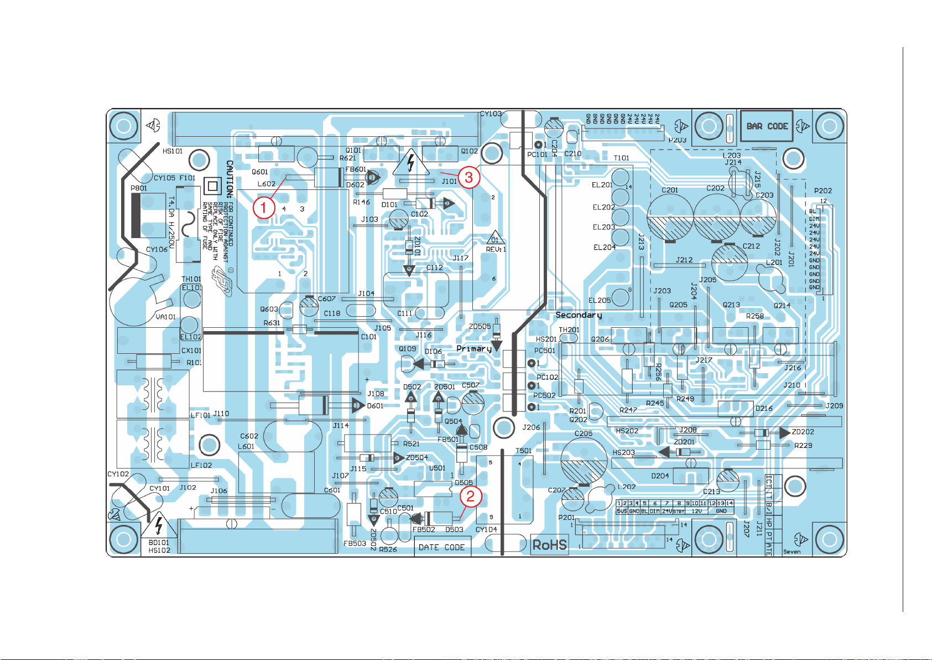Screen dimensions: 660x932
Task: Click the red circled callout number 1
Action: (x=264, y=208)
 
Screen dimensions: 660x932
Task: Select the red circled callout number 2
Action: (x=470, y=496)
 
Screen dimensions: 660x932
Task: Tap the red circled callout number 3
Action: (x=469, y=177)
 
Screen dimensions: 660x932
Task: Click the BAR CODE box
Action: (x=767, y=126)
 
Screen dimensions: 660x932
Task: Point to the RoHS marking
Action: (x=549, y=545)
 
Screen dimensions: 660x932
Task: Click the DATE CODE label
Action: (x=441, y=547)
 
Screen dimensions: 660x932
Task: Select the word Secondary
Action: (x=579, y=315)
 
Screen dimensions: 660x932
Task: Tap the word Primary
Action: (x=474, y=348)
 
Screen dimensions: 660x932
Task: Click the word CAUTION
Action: (x=230, y=179)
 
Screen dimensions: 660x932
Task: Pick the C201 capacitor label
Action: (x=670, y=190)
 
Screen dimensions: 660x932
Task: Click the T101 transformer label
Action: (x=622, y=158)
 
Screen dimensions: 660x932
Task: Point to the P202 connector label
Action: (x=823, y=190)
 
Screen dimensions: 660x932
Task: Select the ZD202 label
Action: (x=803, y=432)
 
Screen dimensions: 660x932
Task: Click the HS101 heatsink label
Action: (x=173, y=151)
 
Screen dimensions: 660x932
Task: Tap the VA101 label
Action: (x=165, y=317)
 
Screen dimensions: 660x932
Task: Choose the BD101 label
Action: (x=159, y=543)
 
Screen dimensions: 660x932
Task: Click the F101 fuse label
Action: (x=188, y=178)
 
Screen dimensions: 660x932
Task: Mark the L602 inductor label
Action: (x=266, y=184)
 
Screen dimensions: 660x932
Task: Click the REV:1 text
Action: (x=496, y=249)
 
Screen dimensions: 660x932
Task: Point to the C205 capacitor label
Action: (x=584, y=434)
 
